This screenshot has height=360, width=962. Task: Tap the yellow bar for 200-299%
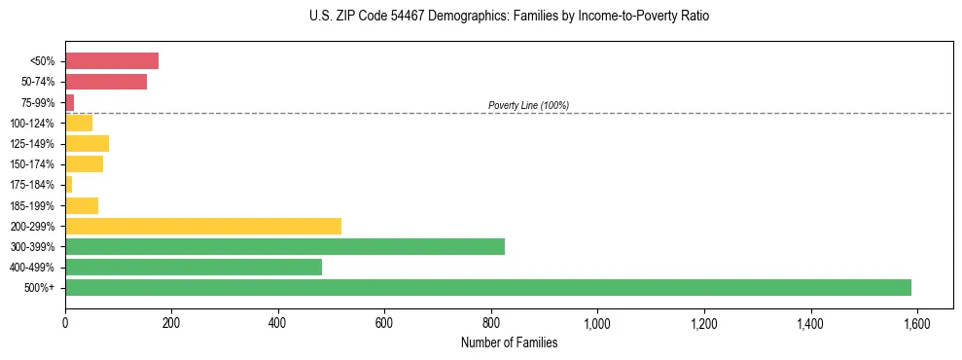(x=203, y=226)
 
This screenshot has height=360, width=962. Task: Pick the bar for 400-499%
(x=194, y=267)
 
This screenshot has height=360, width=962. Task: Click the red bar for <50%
(x=112, y=61)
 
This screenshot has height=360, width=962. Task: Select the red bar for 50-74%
(x=106, y=82)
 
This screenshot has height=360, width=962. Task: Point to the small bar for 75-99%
(x=70, y=102)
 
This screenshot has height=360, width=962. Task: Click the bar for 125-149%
(x=87, y=143)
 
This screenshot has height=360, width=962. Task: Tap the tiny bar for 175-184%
(x=69, y=185)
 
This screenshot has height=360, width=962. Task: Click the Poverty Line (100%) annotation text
(x=528, y=105)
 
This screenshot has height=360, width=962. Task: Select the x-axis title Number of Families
(x=509, y=342)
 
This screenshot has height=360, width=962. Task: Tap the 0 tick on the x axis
(x=65, y=322)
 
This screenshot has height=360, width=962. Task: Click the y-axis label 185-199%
(x=33, y=205)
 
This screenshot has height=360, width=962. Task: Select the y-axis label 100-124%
(x=33, y=124)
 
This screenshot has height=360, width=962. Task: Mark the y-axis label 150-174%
(x=33, y=164)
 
